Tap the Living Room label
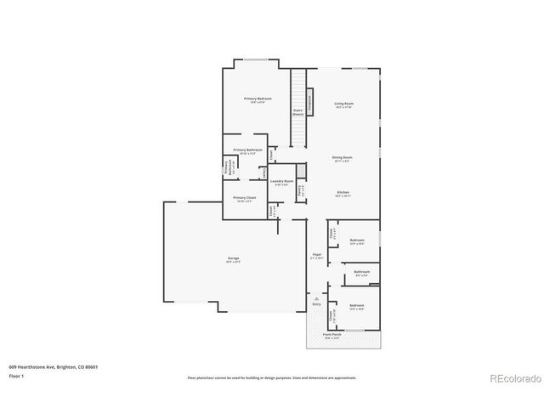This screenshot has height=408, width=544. point(343,104)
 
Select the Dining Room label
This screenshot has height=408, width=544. point(343,157)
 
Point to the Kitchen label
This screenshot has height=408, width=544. point(343,193)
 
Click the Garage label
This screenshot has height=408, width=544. point(233,258)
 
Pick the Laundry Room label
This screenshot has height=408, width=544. point(282,181)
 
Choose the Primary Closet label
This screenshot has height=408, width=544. point(245,198)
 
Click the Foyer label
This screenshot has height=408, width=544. point(316,254)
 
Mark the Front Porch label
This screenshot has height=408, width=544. point(331,335)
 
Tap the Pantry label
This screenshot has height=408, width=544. point(301,190)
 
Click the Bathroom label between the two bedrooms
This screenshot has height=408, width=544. point(361,272)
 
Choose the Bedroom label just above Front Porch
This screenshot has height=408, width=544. point(357,305)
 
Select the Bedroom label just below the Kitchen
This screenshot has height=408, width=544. point(357,241)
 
